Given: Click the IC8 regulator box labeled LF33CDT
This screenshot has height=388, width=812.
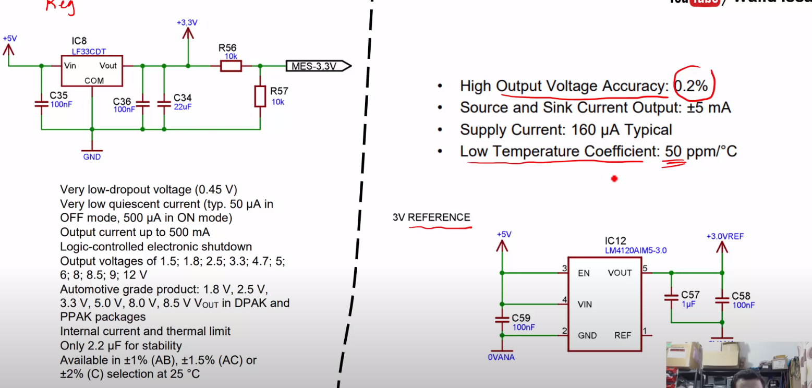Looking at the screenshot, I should tap(92, 71).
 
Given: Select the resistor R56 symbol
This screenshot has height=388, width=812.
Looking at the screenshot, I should tap(231, 66).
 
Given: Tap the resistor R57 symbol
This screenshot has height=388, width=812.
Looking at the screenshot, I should tap(260, 96).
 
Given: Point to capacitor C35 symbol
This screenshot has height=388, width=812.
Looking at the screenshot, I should tap(41, 103).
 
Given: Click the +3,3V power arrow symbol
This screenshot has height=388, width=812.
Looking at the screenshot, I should tap(188, 33).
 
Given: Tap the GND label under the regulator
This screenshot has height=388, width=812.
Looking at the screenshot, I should tap(92, 156).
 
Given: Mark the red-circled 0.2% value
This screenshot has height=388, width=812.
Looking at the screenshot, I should tap(692, 86).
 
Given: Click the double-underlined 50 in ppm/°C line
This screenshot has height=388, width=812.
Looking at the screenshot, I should tap(673, 152).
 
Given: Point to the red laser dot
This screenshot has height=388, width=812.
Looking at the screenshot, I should tap(614, 179).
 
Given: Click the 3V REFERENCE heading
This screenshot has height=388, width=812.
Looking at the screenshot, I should tap(431, 217).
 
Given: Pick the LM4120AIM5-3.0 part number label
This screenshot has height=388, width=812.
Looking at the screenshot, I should tap(635, 250).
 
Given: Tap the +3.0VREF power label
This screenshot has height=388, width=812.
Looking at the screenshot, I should tap(724, 236).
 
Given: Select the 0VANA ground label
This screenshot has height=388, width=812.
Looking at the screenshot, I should tap(501, 357).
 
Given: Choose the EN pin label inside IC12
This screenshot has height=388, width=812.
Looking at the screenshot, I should tap(584, 273).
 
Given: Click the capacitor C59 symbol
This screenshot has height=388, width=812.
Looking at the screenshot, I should tap(502, 319).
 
